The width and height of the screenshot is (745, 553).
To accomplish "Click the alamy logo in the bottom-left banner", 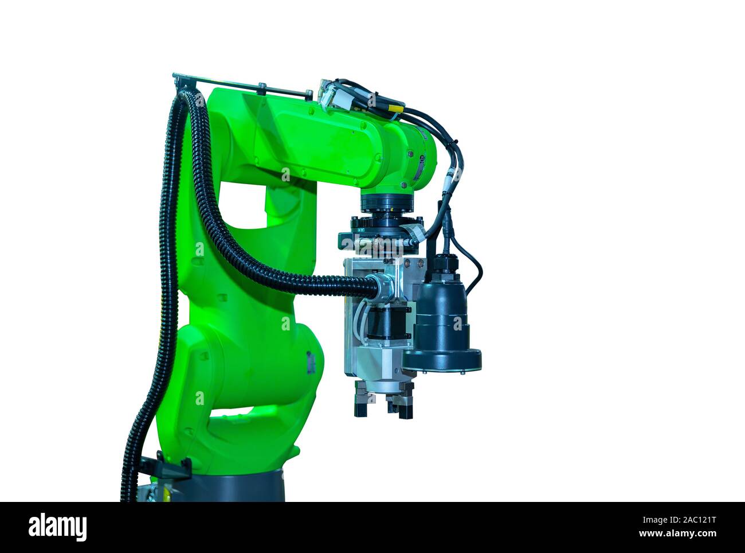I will pyautogui.click(x=58, y=527).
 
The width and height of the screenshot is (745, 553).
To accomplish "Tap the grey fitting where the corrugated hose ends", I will pyautogui.click(x=381, y=285).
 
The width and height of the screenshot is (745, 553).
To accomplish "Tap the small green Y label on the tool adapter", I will pyautogui.click(x=361, y=229).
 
